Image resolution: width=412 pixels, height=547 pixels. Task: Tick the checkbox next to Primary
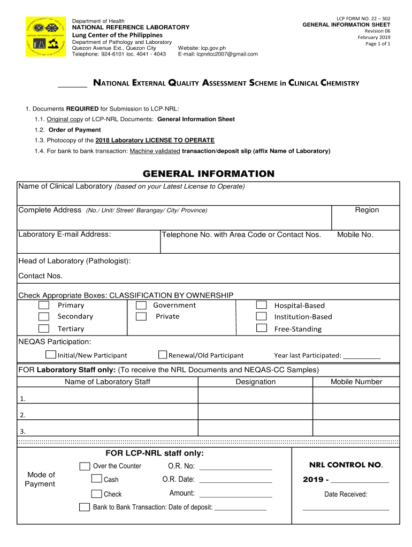click(44, 306)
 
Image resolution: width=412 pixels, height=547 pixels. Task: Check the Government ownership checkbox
click(141, 306)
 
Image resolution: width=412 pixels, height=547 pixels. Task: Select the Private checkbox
click(141, 317)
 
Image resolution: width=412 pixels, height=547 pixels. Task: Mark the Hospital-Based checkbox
click(261, 305)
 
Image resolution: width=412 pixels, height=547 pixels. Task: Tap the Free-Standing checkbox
click(261, 329)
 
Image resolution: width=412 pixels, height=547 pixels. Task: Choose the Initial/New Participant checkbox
click(51, 355)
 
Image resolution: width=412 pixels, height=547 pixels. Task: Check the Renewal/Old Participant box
click(163, 355)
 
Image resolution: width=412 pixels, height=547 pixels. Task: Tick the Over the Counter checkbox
click(85, 466)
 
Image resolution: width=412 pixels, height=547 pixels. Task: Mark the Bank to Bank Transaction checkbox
click(85, 507)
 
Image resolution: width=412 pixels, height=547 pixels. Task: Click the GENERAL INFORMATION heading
click(208, 174)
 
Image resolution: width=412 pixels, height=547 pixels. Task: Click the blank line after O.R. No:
click(235, 468)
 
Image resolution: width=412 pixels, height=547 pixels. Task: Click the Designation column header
click(255, 382)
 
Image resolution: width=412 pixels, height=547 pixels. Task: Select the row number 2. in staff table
click(22, 415)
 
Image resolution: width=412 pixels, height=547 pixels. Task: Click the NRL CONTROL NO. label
click(346, 465)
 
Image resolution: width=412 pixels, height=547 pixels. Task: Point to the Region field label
click(367, 210)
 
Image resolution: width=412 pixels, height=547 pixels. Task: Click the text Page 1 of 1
click(378, 44)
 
